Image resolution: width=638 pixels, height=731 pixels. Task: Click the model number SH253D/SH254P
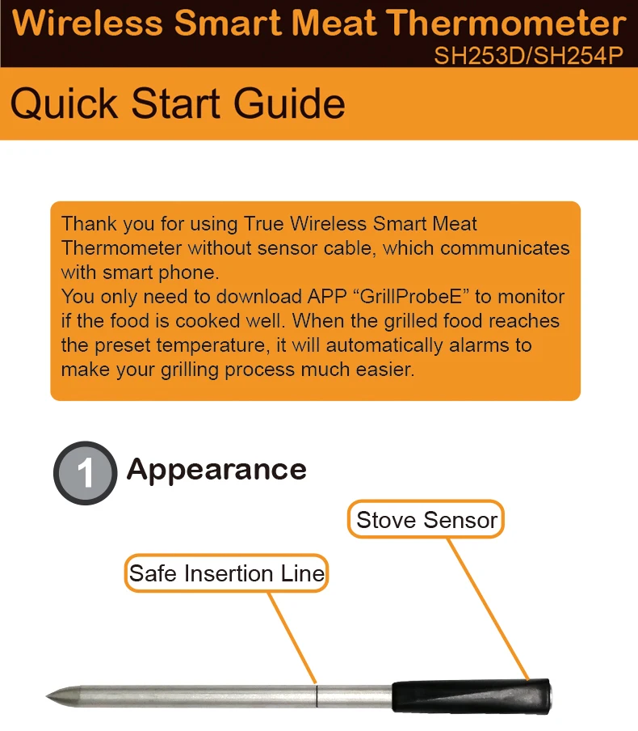point(530,57)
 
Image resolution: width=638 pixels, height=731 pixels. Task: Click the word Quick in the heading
point(64,104)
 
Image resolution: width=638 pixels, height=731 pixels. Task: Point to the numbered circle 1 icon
point(85,474)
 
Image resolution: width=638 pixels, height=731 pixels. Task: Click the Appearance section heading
point(216,470)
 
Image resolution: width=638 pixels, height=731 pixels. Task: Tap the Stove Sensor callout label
point(426,520)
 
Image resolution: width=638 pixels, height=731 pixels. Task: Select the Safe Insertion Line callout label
point(227,574)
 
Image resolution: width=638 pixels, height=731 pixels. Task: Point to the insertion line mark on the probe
point(317,693)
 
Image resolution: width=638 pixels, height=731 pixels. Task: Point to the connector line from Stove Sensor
point(488,606)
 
